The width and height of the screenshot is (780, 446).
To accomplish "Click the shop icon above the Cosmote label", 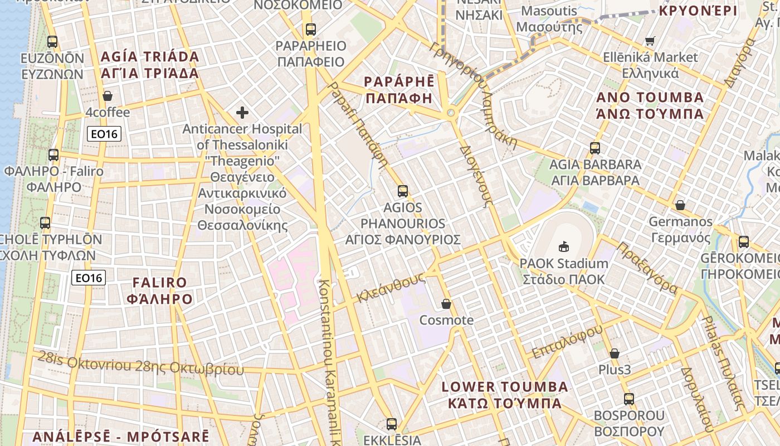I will [x=446, y=304].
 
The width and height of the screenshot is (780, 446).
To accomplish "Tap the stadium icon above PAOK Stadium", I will [x=564, y=246].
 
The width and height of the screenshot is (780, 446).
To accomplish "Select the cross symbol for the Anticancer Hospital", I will [x=242, y=113].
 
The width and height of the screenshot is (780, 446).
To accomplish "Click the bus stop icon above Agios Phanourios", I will [x=403, y=191].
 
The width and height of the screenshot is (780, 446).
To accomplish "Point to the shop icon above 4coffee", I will [x=108, y=96].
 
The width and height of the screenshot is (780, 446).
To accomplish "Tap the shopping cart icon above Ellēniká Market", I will [x=650, y=41].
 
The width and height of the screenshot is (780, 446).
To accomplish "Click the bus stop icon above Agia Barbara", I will [x=595, y=148].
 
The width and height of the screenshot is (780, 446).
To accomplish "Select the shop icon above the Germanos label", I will [x=680, y=205].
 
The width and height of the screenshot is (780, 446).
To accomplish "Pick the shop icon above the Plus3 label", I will [x=615, y=353].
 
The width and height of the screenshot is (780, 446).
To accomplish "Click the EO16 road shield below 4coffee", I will [x=104, y=134].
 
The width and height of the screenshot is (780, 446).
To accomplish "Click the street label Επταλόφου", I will [x=567, y=341].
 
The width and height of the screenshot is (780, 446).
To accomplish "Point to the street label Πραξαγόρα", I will [x=647, y=268].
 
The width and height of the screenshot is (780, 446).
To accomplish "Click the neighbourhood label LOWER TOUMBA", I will [x=504, y=387].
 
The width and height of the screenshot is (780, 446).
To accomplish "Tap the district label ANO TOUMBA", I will [x=650, y=98].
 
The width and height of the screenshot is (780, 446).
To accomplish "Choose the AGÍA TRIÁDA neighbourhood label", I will [x=149, y=57].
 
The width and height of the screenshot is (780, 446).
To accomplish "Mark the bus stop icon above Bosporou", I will [x=629, y=399].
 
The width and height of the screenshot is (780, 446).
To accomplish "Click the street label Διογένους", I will [x=476, y=177].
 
